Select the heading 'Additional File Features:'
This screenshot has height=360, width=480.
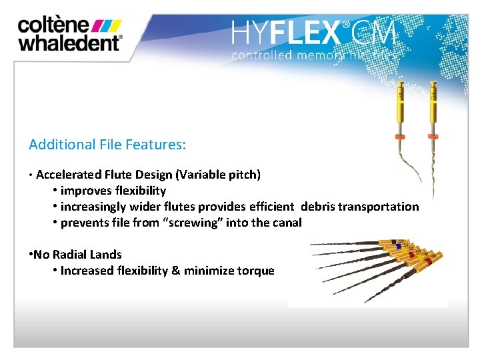(107, 144)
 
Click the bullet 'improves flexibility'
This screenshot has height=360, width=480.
(113, 191)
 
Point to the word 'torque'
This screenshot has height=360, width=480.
(256, 270)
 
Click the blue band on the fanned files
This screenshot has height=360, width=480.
(398, 246)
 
